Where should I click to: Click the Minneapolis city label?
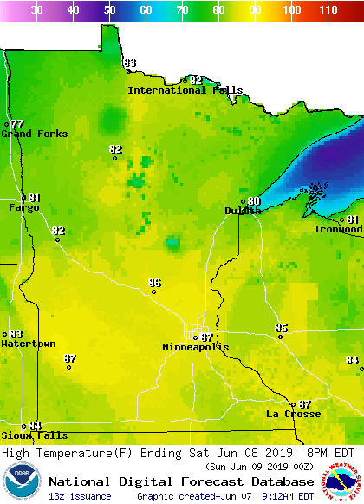(x=196, y=347)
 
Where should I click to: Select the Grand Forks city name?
(x=29, y=134)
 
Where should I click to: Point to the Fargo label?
(x=23, y=207)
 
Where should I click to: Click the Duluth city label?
(x=242, y=211)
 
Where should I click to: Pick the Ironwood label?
(x=337, y=229)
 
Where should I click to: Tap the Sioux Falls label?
(x=22, y=435)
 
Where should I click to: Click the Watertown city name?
(x=28, y=344)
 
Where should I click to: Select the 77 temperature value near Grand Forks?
(x=17, y=125)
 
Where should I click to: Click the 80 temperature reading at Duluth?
(x=254, y=201)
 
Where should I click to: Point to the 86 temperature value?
(x=154, y=283)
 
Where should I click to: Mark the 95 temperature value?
(x=281, y=328)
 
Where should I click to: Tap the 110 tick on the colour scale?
(x=328, y=10)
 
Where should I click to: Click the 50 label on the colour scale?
(x=110, y=10)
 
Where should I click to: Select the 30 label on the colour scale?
(x=37, y=10)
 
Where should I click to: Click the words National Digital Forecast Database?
(x=181, y=481)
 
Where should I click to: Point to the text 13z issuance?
(x=80, y=496)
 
